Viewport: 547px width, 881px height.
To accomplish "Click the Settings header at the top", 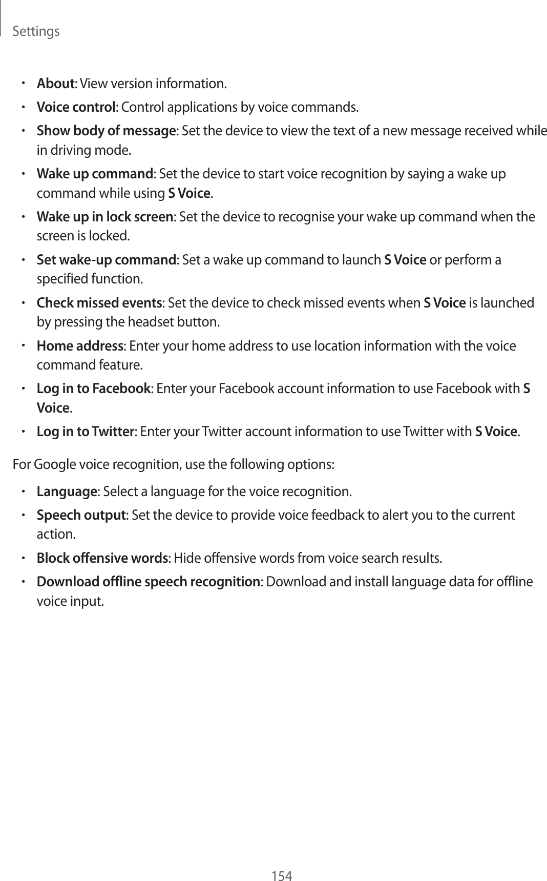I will pyautogui.click(x=35, y=32).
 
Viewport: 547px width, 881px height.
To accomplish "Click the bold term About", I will pyautogui.click(x=56, y=83).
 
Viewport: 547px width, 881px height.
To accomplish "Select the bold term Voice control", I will pyautogui.click(x=76, y=108).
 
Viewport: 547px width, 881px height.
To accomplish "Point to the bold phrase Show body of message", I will pyautogui.click(x=106, y=131).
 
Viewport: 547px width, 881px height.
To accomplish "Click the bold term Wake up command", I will pyautogui.click(x=95, y=174).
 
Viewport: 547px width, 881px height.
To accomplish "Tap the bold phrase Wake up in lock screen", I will pyautogui.click(x=105, y=217).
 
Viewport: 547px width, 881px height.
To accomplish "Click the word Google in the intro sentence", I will pyautogui.click(x=51, y=465).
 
